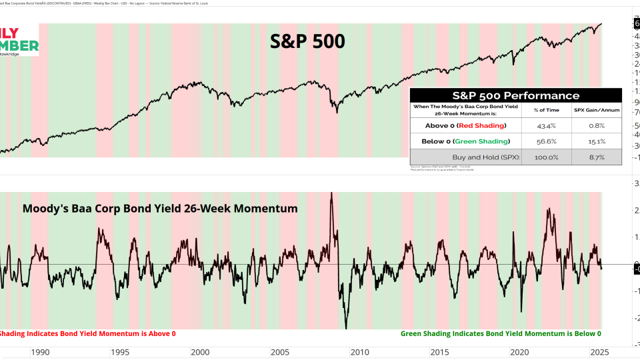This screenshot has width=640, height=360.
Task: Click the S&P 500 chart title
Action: tap(307, 41)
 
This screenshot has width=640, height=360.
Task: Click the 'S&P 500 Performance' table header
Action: tap(515, 95)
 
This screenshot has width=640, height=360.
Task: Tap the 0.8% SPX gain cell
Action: tap(596, 125)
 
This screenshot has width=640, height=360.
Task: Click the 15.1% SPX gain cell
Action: tap(596, 141)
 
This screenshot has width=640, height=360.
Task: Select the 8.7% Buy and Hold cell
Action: tap(596, 157)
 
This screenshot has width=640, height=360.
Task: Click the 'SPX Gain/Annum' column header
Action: tap(596, 109)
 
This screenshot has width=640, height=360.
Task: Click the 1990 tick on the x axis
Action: tap(40, 352)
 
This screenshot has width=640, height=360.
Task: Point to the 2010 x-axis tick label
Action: tap(360, 352)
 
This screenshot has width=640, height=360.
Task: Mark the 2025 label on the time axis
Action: tap(599, 352)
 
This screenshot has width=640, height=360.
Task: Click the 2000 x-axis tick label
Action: tap(200, 352)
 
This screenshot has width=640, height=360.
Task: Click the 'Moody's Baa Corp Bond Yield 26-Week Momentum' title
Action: tap(160, 209)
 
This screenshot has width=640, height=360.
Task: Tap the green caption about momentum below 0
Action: tap(501, 333)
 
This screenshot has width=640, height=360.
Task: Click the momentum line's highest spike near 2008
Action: tap(331, 194)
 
